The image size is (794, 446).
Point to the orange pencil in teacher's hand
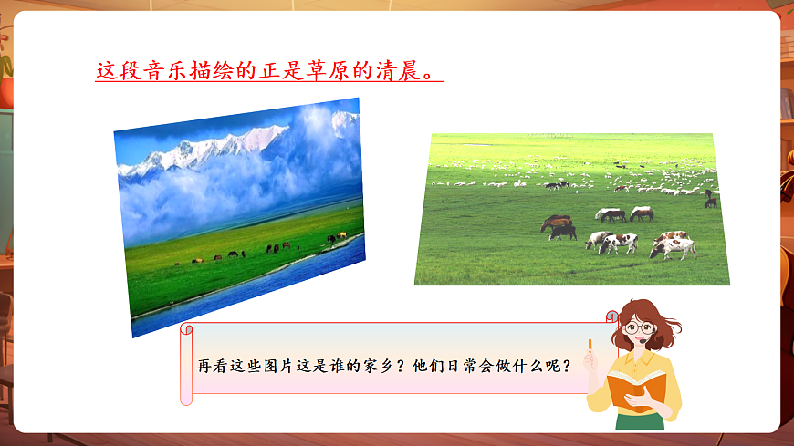pos(590,346)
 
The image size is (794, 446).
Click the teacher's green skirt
pos(640,421)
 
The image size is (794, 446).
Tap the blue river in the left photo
pos(265,283)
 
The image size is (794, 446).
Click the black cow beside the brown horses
pos(562,233)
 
